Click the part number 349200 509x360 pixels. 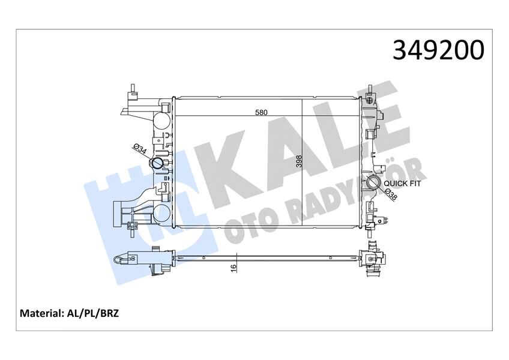[438, 50]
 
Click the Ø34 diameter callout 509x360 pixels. [139, 149]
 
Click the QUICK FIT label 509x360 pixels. [402, 184]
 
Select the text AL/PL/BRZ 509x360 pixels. [93, 313]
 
